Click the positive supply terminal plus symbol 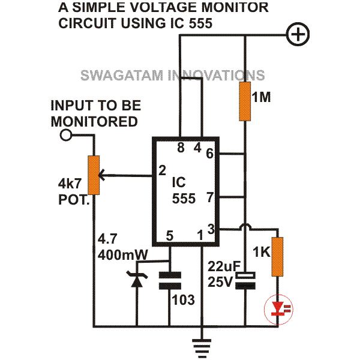[x=298, y=35]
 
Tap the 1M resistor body [x=245, y=101]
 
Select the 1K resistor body [x=278, y=257]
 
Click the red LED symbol [x=278, y=309]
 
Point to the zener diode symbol [x=137, y=279]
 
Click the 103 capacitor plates [x=170, y=280]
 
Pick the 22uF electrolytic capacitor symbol [x=245, y=280]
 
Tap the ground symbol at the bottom [x=202, y=349]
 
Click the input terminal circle [x=66, y=135]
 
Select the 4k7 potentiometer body [x=94, y=175]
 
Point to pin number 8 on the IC [x=181, y=147]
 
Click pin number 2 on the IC [x=162, y=170]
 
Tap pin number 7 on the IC [x=211, y=197]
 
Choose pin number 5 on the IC [x=170, y=236]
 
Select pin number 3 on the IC [x=211, y=229]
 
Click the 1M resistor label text [x=261, y=97]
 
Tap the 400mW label [x=122, y=254]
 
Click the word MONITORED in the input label [x=94, y=121]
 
